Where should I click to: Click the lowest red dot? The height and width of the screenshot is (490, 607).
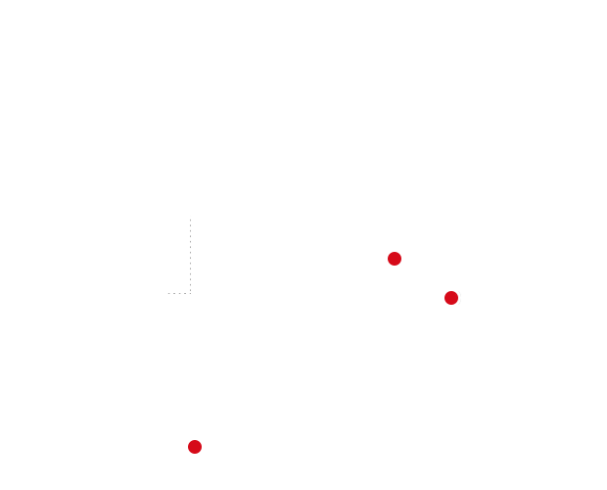click(x=195, y=447)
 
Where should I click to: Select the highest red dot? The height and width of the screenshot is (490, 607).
click(x=395, y=259)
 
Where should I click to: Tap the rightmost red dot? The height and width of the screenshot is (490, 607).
click(x=451, y=298)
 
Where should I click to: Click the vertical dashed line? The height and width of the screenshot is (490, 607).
click(x=190, y=255)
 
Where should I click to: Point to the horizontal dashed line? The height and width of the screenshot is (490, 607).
click(x=179, y=293)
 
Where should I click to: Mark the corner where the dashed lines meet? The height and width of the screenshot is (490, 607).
click(x=190, y=293)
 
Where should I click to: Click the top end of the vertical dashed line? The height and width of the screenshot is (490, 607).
click(x=190, y=219)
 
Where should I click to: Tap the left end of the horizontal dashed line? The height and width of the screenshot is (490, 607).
click(x=168, y=293)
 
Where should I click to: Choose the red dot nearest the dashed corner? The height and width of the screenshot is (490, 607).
click(x=195, y=447)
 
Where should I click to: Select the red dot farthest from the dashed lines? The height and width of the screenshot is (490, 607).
click(x=451, y=298)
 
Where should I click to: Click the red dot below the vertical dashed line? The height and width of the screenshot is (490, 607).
click(x=195, y=447)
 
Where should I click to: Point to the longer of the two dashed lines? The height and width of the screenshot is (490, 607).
click(x=190, y=255)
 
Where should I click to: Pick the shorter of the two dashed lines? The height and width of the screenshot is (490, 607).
click(x=179, y=293)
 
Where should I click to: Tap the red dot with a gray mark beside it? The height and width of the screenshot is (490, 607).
click(x=451, y=298)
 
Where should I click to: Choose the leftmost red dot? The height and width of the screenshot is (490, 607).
click(x=195, y=447)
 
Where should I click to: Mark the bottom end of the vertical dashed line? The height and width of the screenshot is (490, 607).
click(x=190, y=293)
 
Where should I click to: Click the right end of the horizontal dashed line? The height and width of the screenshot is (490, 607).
click(x=190, y=293)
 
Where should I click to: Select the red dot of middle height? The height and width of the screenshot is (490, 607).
click(x=451, y=298)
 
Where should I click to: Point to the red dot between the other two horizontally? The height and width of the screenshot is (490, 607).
click(x=395, y=259)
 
